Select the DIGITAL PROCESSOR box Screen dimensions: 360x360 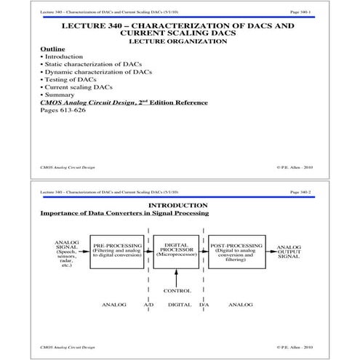(x=177, y=252)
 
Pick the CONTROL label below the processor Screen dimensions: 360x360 (x=177, y=291)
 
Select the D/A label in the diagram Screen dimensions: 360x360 (x=204, y=305)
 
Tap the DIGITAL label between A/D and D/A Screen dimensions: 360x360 (x=179, y=305)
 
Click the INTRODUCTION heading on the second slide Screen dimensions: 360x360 (x=179, y=205)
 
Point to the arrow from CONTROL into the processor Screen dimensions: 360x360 (x=177, y=277)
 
